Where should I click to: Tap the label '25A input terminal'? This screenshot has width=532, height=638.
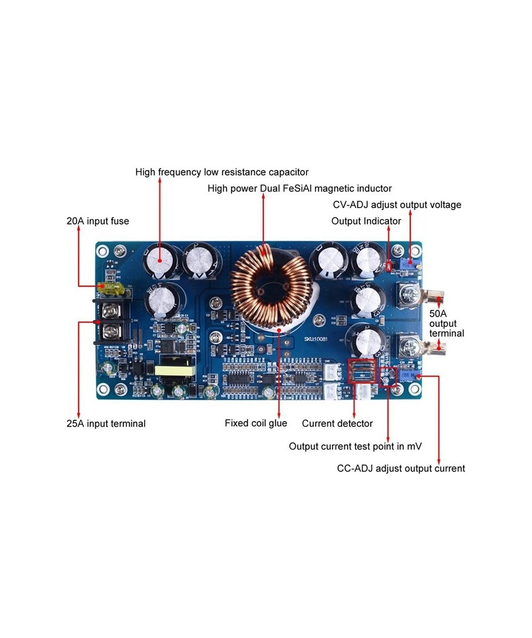click(106, 424)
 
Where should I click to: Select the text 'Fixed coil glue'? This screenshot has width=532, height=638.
click(255, 423)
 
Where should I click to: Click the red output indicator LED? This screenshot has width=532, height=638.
click(389, 265)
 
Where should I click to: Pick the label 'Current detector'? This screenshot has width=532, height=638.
click(337, 424)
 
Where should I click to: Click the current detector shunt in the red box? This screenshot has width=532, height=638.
click(362, 371)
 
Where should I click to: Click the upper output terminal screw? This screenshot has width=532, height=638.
click(410, 294)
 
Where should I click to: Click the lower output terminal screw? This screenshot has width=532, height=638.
click(410, 347)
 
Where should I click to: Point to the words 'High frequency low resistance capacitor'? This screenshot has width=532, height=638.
click(222, 172)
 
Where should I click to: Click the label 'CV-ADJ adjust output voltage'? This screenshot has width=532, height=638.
click(397, 205)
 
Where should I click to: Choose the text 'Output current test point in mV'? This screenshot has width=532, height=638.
click(355, 447)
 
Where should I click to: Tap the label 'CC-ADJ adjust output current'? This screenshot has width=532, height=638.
click(401, 468)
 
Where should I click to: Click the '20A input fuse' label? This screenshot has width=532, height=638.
click(98, 221)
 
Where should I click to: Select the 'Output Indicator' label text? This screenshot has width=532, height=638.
click(366, 221)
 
